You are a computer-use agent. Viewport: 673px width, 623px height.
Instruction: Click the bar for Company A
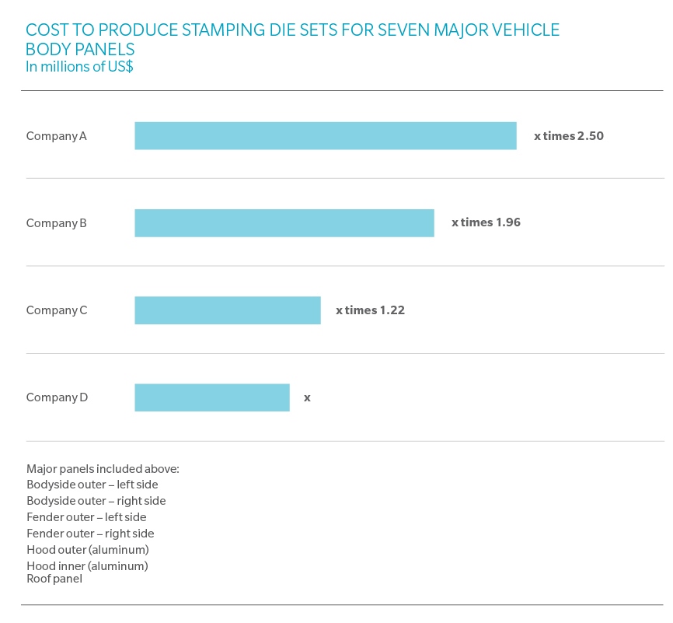(x=326, y=135)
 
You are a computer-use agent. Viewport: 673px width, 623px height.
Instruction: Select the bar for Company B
(x=284, y=222)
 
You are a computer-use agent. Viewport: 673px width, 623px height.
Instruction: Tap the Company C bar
(x=228, y=310)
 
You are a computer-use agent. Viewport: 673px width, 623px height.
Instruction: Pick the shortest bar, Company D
(x=212, y=397)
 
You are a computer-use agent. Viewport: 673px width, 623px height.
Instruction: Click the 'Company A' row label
(x=57, y=135)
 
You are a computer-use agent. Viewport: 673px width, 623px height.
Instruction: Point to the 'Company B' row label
(x=57, y=222)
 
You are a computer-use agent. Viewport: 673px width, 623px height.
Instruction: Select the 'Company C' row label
(x=57, y=310)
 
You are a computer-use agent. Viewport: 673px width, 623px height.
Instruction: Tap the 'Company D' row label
(x=57, y=397)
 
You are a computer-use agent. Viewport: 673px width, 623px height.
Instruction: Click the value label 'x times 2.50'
(x=569, y=135)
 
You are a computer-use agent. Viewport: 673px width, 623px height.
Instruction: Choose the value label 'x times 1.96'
(x=486, y=222)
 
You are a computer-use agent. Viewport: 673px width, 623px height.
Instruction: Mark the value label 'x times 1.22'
(x=370, y=310)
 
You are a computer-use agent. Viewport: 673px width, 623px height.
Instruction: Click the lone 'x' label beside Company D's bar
(x=307, y=397)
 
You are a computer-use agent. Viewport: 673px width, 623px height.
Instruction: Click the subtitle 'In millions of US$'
(x=79, y=67)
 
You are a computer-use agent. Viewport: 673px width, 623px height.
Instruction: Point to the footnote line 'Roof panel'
(x=54, y=579)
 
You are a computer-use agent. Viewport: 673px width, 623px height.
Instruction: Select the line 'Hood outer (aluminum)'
(x=87, y=550)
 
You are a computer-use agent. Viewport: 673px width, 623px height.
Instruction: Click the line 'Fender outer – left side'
(x=86, y=517)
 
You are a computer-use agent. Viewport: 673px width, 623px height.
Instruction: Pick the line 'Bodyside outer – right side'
(x=96, y=501)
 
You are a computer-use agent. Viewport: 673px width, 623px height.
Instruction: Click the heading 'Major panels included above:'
(x=103, y=469)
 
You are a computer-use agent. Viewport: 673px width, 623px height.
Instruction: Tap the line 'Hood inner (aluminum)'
(x=87, y=566)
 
